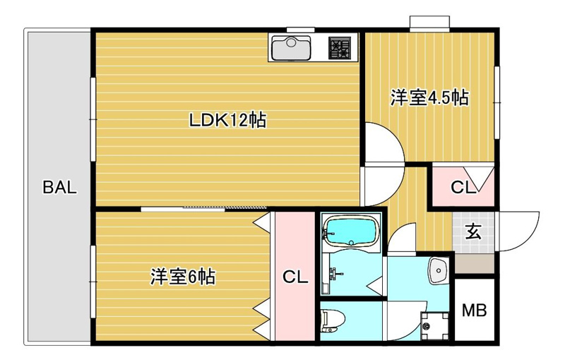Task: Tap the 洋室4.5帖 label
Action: click(430, 98)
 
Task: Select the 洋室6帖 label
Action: click(182, 277)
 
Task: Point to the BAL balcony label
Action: click(59, 188)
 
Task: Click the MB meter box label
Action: click(474, 310)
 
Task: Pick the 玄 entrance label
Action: click(474, 231)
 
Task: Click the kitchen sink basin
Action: click(291, 49)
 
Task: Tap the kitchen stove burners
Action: click(342, 48)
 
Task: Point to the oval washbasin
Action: click(439, 270)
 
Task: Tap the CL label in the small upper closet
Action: click(463, 188)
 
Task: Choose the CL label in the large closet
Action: click(295, 277)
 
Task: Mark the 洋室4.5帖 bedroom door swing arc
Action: click(387, 145)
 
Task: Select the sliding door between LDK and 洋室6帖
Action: click(205, 208)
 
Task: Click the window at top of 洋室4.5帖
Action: click(430, 23)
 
